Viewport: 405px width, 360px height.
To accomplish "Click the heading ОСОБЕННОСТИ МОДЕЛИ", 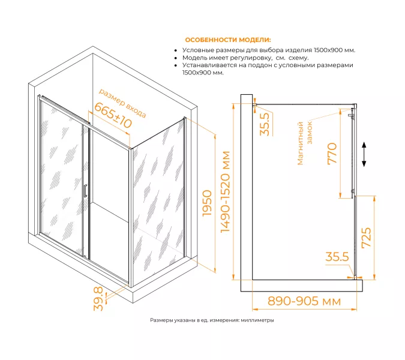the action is [228, 40].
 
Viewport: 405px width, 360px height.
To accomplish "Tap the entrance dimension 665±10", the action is [113, 115].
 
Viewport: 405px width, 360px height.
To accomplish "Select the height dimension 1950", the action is [207, 203].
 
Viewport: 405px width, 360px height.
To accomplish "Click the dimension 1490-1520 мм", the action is [225, 192].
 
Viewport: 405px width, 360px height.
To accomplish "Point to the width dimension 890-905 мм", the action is [304, 301].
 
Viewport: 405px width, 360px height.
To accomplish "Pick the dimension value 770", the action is [332, 154].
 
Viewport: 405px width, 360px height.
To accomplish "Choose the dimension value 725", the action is [366, 238].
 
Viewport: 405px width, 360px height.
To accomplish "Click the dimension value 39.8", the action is [98, 299].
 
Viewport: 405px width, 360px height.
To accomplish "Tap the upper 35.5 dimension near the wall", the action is [265, 124].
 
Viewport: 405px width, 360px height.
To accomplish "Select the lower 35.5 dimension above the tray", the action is [337, 257].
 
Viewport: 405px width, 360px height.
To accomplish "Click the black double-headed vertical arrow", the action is [364, 154].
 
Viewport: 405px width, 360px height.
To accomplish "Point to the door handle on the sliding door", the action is [85, 191].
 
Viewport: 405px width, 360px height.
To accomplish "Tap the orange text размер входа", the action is [122, 103].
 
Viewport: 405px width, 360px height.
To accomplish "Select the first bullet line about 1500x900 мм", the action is [269, 50].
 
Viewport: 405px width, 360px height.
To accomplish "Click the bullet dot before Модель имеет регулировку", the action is [176, 58].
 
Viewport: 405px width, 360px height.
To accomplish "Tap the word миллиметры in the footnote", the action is [257, 320].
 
